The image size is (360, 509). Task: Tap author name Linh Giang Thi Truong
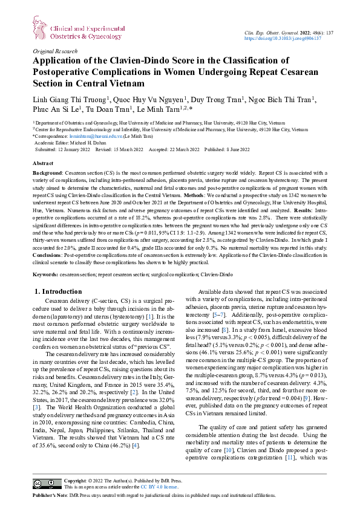click(x=70, y=99)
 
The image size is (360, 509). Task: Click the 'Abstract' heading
click(x=42, y=163)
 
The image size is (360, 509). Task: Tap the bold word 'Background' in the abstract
click(x=47, y=173)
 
